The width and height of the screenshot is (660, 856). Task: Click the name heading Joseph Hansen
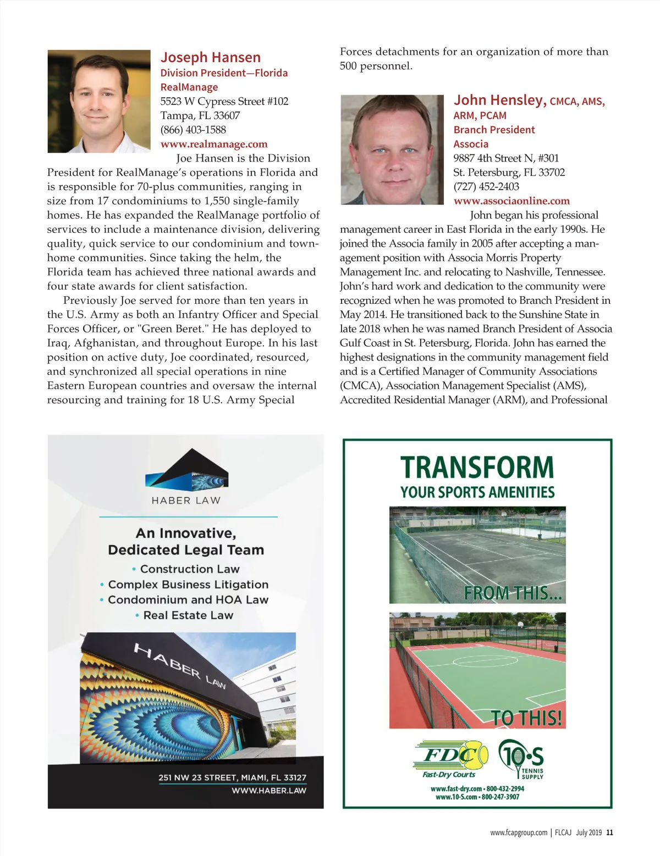[211, 58]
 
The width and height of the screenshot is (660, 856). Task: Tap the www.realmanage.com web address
[214, 144]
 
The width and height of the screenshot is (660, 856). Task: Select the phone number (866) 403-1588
[193, 130]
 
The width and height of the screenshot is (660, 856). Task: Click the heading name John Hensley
[500, 101]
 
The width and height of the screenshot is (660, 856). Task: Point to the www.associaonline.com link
[512, 201]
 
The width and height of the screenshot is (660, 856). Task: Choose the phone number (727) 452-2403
[486, 187]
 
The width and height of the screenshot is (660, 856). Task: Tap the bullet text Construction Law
[190, 569]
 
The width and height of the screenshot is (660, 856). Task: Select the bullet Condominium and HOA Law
[188, 600]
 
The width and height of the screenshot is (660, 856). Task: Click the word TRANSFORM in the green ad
[477, 468]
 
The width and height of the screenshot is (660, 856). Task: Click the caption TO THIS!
[526, 718]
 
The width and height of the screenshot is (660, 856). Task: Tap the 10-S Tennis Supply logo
[521, 759]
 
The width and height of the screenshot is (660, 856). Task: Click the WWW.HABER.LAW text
[269, 791]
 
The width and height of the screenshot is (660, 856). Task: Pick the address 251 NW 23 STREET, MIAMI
[232, 777]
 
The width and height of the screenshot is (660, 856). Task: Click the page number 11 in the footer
[609, 832]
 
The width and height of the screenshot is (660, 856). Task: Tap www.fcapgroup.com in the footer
[519, 832]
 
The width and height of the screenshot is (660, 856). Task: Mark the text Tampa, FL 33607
[200, 116]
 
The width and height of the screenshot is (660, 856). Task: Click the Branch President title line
[494, 130]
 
